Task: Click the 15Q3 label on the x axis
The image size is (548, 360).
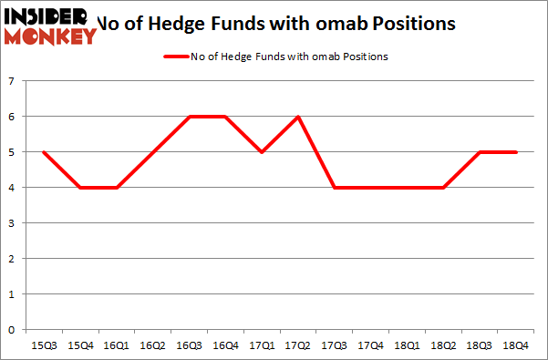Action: click(43, 345)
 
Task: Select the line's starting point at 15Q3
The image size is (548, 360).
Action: click(43, 152)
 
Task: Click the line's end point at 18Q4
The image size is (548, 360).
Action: click(517, 152)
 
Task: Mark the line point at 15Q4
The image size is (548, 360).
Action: click(79, 188)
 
